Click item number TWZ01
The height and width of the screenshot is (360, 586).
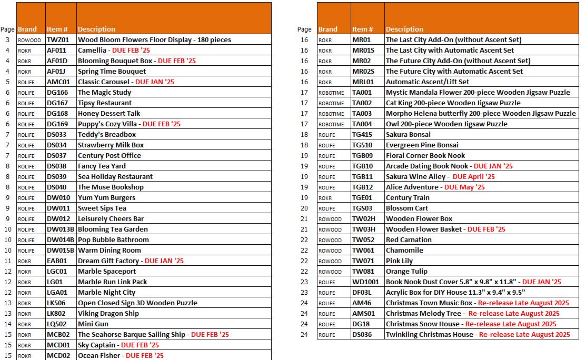coord(57,40)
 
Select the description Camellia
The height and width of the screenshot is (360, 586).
coord(92,51)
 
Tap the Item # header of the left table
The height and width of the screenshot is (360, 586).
coord(57,29)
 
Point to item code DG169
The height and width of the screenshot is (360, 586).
coord(57,124)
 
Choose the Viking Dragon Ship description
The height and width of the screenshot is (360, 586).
coord(108,314)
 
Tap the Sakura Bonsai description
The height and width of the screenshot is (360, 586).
coord(408,135)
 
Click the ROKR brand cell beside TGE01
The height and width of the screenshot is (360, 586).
coord(325,198)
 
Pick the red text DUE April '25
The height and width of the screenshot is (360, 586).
coord(473,177)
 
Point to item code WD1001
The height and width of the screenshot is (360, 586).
coord(365,282)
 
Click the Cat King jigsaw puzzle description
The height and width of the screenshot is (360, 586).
coord(453,103)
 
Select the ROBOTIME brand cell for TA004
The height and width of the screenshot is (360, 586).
coord(331,124)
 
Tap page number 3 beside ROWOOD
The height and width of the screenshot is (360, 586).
coord(8,40)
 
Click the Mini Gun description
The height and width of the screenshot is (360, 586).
coord(93,324)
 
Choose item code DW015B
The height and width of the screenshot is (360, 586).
coord(61,251)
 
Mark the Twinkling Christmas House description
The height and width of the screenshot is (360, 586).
coord(429,335)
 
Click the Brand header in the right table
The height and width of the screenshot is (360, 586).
coord(327,29)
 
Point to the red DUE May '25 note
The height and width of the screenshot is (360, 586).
coord(464,187)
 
